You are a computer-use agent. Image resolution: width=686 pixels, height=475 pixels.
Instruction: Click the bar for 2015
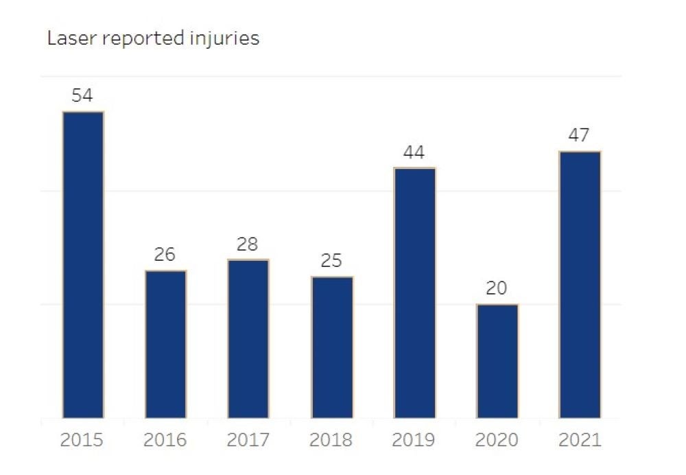[82, 264]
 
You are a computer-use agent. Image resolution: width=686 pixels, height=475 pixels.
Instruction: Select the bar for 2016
[165, 344]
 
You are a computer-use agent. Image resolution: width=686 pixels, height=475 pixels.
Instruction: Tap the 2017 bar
[248, 338]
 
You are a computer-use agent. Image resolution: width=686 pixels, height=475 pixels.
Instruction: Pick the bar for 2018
[331, 347]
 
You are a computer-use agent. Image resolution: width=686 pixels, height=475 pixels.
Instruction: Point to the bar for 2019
[414, 292]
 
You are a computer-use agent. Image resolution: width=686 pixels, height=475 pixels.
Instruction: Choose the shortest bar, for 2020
[497, 361]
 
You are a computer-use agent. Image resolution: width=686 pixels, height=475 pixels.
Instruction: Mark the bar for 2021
[580, 284]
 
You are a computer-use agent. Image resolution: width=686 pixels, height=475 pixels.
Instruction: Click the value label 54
[82, 95]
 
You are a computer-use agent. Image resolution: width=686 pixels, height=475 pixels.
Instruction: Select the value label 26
[165, 255]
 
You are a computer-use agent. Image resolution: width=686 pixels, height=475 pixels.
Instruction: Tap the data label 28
[248, 244]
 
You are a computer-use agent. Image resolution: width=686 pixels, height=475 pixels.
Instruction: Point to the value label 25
[331, 261]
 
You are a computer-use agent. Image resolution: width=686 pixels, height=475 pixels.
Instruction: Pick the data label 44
[414, 152]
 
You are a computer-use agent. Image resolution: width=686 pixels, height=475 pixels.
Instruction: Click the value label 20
[497, 288]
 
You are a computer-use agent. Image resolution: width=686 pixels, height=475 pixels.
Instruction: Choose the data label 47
[580, 135]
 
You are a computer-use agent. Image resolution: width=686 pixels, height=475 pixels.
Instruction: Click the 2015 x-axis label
[82, 439]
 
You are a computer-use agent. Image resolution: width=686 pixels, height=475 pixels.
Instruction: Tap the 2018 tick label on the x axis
[331, 439]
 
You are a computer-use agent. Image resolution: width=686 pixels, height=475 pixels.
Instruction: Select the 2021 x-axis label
[580, 439]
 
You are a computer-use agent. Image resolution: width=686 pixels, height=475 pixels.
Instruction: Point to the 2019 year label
[414, 439]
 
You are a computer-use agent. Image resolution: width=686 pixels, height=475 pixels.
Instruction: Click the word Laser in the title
[67, 38]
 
